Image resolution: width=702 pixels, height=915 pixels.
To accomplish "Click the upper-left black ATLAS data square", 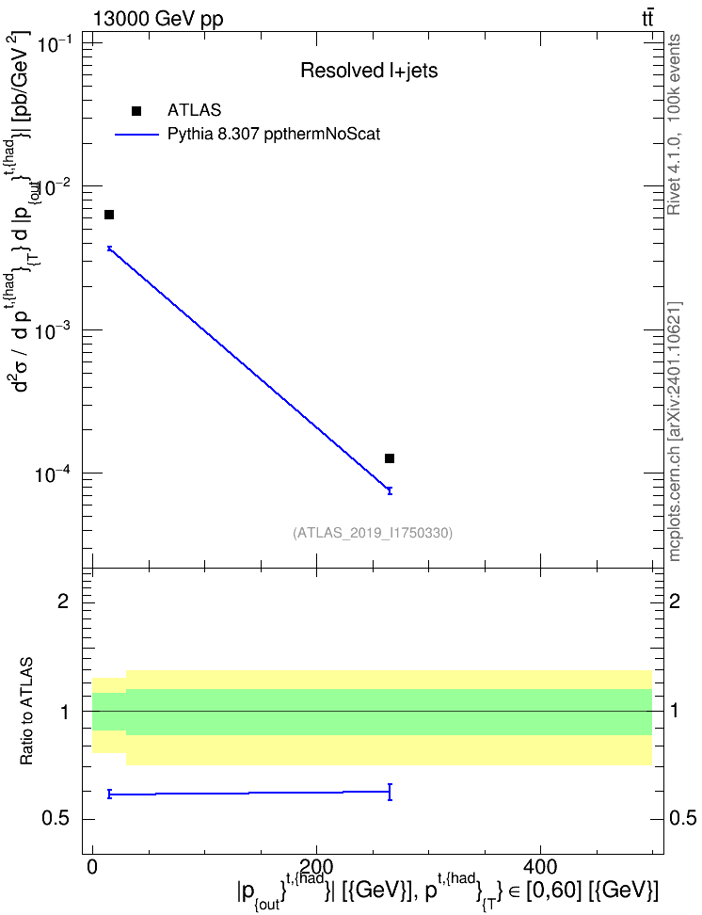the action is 109,215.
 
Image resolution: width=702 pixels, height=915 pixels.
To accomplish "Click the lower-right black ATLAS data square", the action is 390,458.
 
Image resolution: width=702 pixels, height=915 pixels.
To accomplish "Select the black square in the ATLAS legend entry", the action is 136,111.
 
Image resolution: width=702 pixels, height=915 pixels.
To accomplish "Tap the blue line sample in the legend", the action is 136,135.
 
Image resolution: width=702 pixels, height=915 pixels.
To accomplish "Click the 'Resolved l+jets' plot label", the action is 369,71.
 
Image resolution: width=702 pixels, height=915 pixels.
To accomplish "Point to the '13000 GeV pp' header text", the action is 157,19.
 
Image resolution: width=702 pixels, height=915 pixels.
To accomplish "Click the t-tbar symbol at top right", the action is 647,19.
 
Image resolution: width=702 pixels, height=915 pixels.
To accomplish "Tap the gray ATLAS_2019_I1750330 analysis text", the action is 373,532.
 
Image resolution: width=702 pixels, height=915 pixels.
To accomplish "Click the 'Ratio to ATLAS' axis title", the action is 26,712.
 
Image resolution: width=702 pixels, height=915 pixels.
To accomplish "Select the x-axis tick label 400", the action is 540,867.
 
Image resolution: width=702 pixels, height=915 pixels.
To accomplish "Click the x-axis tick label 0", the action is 93,867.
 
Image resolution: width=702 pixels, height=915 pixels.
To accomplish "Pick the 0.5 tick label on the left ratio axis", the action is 56,818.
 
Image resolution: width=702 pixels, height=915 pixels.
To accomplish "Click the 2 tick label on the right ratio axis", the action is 675,601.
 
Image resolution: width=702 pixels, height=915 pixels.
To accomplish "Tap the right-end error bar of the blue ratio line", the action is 390,792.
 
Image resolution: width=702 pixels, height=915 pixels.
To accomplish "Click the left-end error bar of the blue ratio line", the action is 109,794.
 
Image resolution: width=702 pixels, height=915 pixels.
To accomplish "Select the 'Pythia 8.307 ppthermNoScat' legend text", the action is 274,135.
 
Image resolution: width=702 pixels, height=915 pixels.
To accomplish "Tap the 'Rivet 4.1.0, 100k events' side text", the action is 674,124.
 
